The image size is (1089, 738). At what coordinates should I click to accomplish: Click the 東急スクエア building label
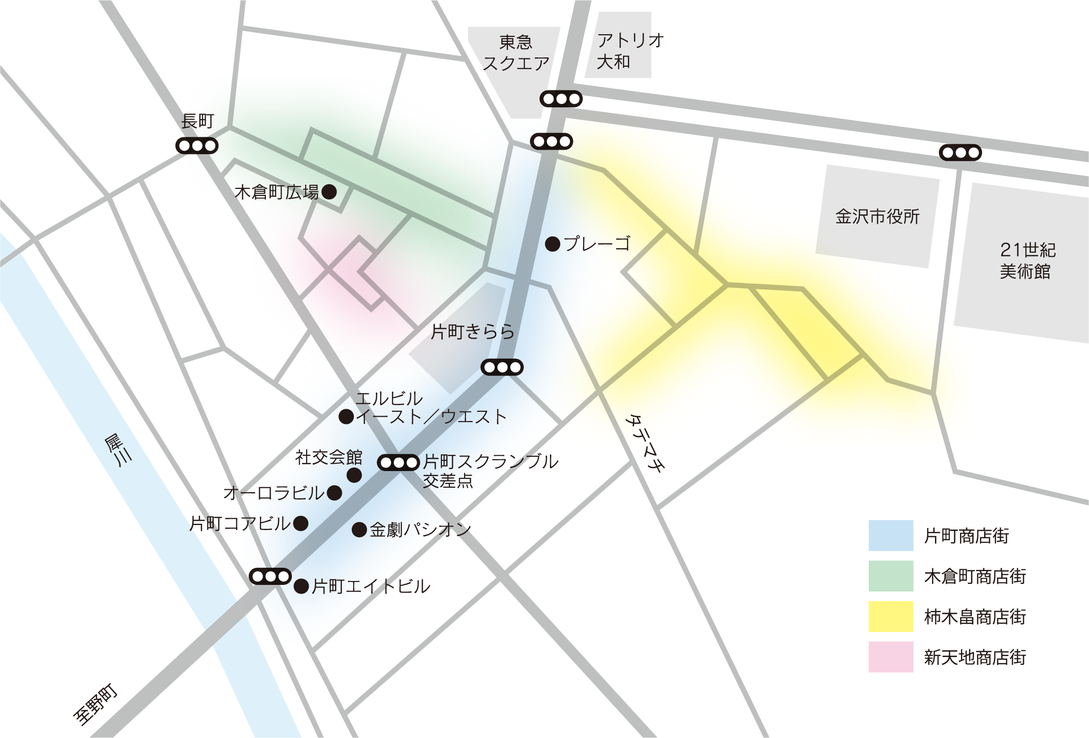[x=516, y=53]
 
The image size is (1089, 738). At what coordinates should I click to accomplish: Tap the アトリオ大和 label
[x=630, y=51]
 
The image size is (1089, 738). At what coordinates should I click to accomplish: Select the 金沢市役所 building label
[x=877, y=216]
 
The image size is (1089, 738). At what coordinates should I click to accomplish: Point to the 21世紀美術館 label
[x=1027, y=261]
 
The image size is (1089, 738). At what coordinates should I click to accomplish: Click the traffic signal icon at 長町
[x=197, y=146]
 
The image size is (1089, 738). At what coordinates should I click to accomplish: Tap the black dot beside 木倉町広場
[x=329, y=191]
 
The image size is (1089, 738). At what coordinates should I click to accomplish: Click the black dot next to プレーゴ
[x=553, y=244]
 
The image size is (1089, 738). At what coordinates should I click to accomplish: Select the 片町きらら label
[x=473, y=332]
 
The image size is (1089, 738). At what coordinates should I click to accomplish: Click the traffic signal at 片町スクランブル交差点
[x=398, y=463]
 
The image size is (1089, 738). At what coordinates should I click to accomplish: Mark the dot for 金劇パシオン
[x=359, y=529]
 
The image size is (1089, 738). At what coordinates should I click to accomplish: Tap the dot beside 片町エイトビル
[x=301, y=586]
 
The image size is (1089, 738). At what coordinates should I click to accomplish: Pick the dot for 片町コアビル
[x=301, y=523]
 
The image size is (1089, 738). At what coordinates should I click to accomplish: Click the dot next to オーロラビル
[x=334, y=493]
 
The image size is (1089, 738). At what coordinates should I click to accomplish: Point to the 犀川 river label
[x=118, y=450]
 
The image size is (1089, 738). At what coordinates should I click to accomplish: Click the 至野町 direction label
[x=96, y=705]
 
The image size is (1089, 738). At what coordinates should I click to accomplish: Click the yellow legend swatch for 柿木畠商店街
[x=891, y=616]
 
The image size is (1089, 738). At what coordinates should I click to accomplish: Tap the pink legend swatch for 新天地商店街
[x=891, y=657]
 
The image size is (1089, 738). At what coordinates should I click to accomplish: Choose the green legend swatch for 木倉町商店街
[x=891, y=576]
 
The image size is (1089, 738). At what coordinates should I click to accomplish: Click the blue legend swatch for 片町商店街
[x=891, y=535]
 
